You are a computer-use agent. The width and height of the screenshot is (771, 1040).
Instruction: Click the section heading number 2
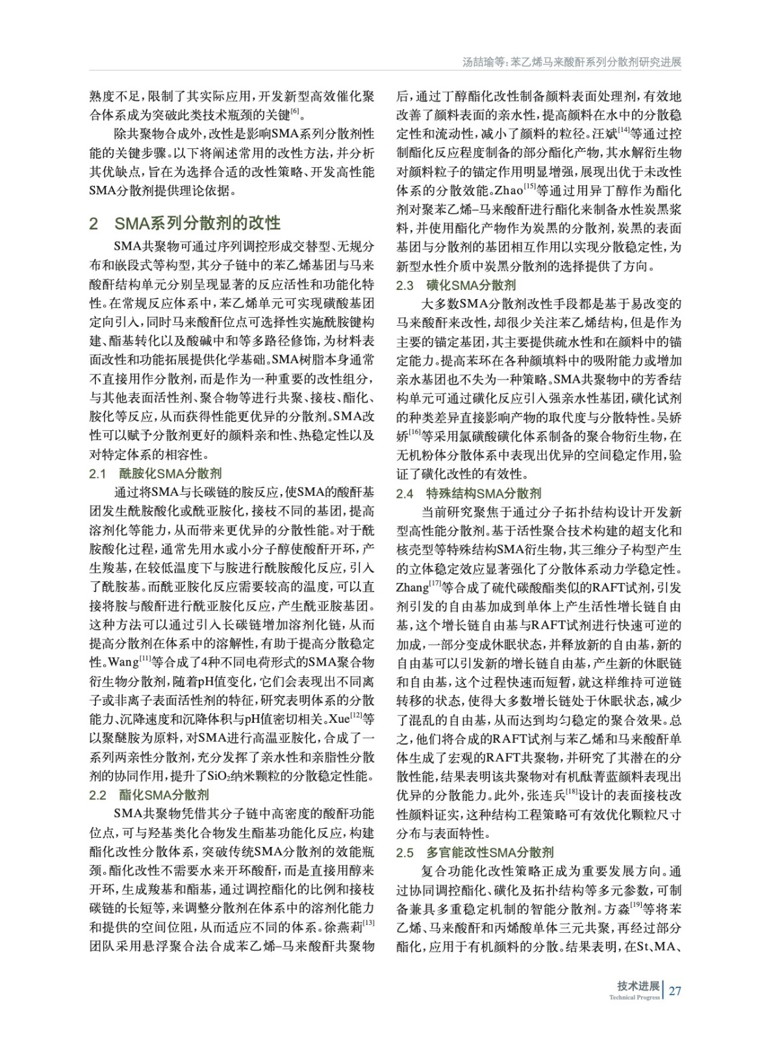coord(94,224)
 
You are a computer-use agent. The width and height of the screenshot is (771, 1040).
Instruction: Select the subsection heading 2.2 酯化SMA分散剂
coord(149,794)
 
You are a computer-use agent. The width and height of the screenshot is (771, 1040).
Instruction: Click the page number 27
coord(675,991)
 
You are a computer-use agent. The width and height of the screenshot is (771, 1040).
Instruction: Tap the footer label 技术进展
coord(638,986)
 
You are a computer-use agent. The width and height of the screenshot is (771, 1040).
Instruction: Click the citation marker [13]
coord(368,924)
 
